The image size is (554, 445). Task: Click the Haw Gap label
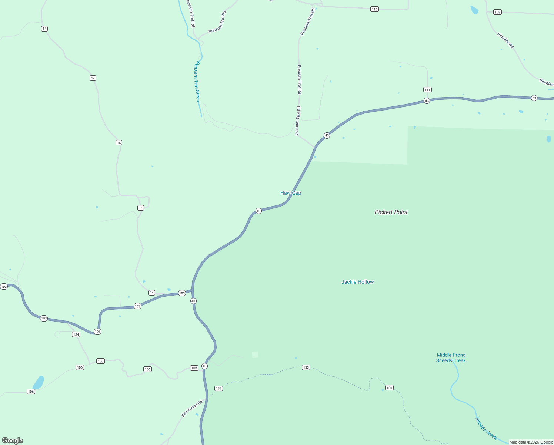pyautogui.click(x=291, y=193)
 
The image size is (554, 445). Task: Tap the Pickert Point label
pyautogui.click(x=391, y=212)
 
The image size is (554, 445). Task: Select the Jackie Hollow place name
pyautogui.click(x=357, y=282)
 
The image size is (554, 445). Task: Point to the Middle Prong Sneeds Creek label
pyautogui.click(x=451, y=357)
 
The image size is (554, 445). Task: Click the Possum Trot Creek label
pyautogui.click(x=196, y=82)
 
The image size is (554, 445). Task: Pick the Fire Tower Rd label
pyautogui.click(x=192, y=408)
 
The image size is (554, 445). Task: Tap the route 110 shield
pyautogui.click(x=374, y=9)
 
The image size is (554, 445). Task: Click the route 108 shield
pyautogui.click(x=497, y=12)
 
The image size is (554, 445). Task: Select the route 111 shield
pyautogui.click(x=427, y=89)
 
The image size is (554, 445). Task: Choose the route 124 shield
pyautogui.click(x=76, y=334)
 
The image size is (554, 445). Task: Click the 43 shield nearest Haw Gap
pyautogui.click(x=258, y=211)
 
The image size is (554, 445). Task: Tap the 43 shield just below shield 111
pyautogui.click(x=427, y=101)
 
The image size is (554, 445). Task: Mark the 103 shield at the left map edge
pyautogui.click(x=4, y=287)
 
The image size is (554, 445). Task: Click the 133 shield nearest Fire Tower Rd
pyautogui.click(x=218, y=388)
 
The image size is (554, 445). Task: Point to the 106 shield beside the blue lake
pyautogui.click(x=31, y=392)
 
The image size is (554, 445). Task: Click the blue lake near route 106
pyautogui.click(x=39, y=382)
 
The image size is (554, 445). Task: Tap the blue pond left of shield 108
pyautogui.click(x=474, y=10)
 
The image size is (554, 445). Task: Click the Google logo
pyautogui.click(x=13, y=441)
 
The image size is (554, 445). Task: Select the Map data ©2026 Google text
pyautogui.click(x=531, y=442)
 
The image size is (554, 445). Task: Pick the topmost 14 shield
pyautogui.click(x=44, y=29)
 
